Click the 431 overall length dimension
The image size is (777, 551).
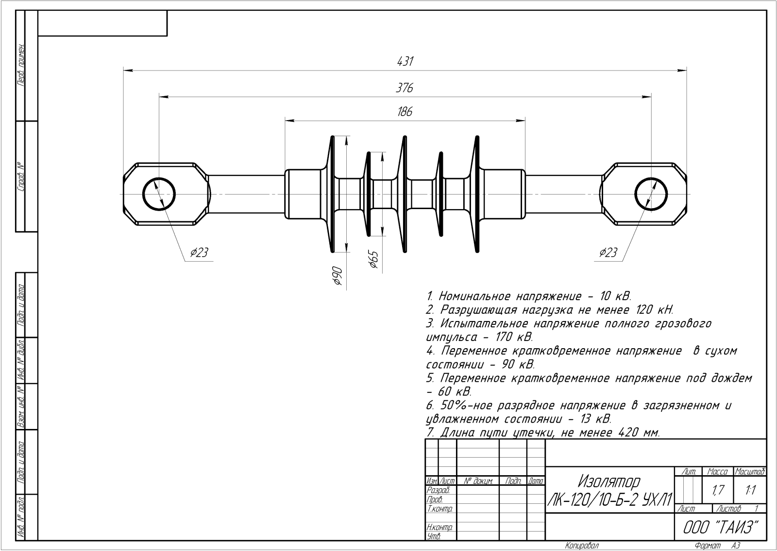coord(405,62)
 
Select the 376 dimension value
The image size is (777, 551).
coord(405,88)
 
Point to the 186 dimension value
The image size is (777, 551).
coord(405,112)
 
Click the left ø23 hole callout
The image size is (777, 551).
coord(199,252)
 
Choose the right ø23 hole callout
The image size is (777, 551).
coord(608,252)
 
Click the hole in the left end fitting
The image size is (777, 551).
coord(159,194)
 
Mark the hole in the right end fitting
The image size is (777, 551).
coord(651,194)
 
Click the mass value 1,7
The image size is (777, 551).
coord(717,491)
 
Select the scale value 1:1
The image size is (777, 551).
coord(750,491)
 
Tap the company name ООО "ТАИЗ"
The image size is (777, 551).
coord(720,527)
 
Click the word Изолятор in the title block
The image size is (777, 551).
coord(609,482)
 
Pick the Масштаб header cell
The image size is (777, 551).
coord(750,472)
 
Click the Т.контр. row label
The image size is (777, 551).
coord(439,509)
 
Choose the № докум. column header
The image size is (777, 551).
coord(478,481)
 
